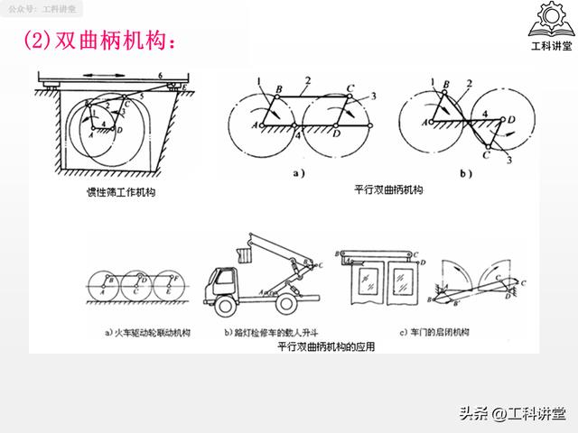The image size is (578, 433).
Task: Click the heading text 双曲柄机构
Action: [113, 41]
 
